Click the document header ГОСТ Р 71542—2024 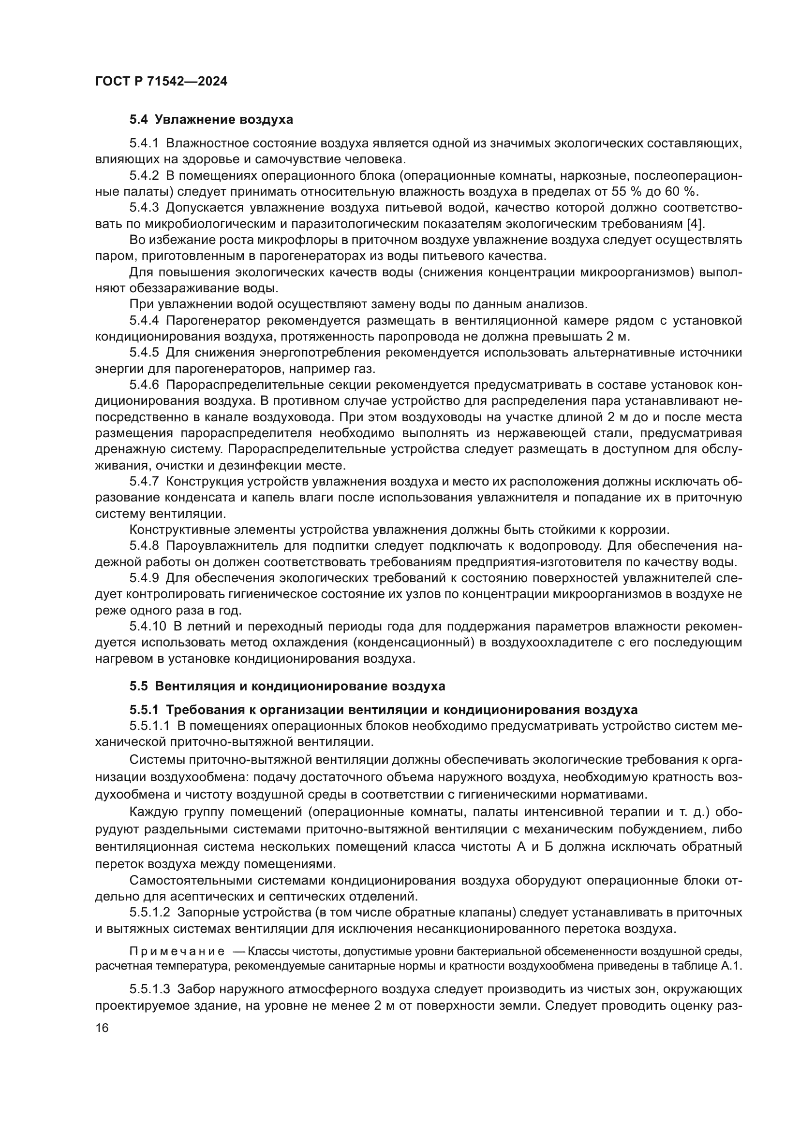tap(161, 82)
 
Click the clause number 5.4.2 tap(144, 176)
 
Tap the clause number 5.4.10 tap(148, 627)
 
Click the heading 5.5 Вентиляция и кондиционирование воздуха tap(287, 686)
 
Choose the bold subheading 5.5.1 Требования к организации tap(383, 710)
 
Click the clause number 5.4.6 tap(144, 385)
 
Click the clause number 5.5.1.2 tap(150, 913)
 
